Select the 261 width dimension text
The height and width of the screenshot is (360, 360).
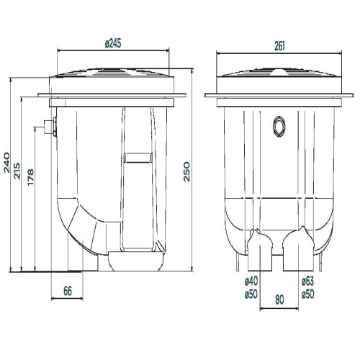coord(279,46)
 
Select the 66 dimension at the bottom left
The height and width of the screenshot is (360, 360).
coord(68,291)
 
